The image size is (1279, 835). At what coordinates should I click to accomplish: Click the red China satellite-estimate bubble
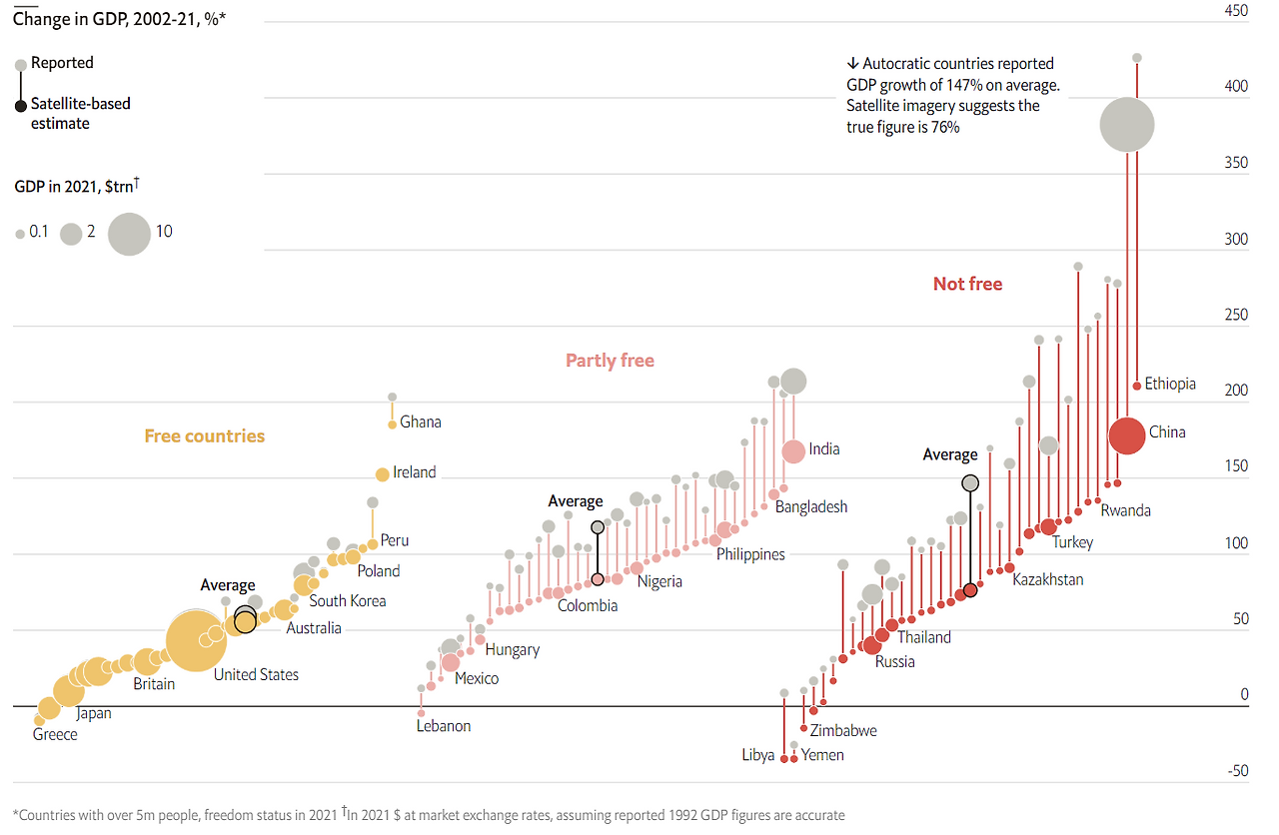(1126, 435)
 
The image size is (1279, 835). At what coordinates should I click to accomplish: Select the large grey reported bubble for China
(1126, 125)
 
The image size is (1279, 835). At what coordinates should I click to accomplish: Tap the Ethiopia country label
(1170, 384)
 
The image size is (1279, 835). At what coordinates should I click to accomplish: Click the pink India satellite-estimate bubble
(793, 451)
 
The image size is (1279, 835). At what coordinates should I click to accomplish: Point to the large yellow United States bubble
(194, 643)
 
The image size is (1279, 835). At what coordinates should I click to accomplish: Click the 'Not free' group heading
(967, 284)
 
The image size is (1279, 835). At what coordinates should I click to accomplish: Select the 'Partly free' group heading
(610, 361)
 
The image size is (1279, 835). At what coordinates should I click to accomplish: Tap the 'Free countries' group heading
(204, 435)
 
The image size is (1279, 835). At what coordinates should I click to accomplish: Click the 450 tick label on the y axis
(1236, 11)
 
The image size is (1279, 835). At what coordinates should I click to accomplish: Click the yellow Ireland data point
(382, 474)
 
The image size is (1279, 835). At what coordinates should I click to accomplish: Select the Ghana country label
(420, 421)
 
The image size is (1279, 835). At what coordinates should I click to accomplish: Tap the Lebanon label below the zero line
(443, 726)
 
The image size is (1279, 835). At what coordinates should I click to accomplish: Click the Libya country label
(757, 755)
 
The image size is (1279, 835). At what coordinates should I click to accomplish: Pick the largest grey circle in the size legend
(129, 234)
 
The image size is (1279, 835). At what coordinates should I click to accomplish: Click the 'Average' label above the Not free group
(949, 454)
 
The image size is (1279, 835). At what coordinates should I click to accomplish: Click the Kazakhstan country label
(1047, 579)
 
